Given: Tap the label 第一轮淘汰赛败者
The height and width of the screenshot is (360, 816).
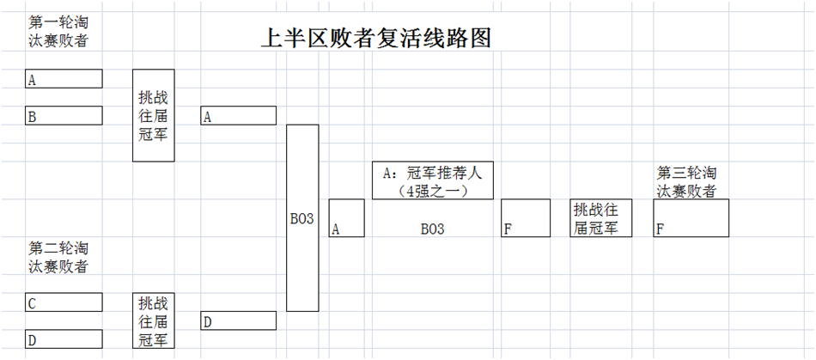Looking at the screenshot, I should click(58, 31).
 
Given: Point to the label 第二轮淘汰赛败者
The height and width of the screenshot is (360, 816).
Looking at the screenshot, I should click(58, 257).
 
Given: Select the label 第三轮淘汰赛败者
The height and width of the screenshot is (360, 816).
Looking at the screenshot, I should click(686, 181).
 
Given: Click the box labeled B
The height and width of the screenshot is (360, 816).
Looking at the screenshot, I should click(64, 116).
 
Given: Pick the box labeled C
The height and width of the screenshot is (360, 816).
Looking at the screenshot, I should click(64, 302).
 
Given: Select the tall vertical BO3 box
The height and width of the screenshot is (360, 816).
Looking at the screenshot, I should click(302, 218).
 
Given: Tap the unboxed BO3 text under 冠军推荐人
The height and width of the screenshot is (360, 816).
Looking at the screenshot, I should click(432, 229).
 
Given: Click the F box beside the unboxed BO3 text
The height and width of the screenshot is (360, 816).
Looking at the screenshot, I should click(526, 218).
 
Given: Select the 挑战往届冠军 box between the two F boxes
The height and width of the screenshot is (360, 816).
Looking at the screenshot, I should click(601, 218).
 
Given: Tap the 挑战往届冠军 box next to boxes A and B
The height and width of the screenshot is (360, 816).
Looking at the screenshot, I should click(154, 115).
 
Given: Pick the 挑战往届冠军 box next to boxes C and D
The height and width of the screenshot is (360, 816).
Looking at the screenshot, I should click(154, 320).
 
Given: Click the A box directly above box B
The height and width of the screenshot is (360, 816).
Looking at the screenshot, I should click(64, 79).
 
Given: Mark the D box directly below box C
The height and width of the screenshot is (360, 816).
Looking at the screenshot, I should click(64, 339).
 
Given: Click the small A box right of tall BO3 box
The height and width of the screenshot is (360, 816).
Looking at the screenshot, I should click(346, 218).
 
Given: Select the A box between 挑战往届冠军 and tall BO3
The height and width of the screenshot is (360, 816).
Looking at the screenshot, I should click(238, 116).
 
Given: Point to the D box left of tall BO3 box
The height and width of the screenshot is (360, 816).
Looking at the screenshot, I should click(238, 321).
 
